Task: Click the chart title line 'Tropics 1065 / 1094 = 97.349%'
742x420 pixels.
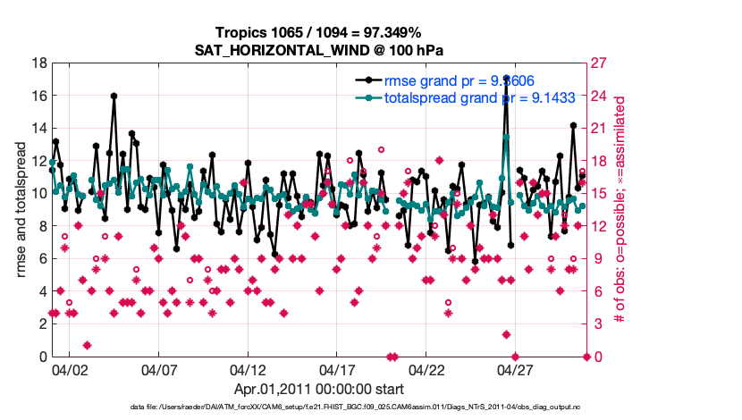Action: [x=319, y=32]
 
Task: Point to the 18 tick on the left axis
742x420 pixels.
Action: [x=38, y=63]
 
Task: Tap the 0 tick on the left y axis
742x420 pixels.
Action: [x=42, y=357]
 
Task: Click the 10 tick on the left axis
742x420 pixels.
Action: [x=38, y=194]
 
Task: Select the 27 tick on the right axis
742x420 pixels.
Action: [x=597, y=63]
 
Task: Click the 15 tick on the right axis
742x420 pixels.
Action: [x=597, y=194]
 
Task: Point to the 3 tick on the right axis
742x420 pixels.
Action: [x=594, y=324]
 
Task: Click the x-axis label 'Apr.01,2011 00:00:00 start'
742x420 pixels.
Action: [x=319, y=389]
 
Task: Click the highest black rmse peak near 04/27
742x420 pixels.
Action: [x=506, y=79]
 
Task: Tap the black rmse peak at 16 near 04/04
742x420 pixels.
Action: [x=114, y=96]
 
